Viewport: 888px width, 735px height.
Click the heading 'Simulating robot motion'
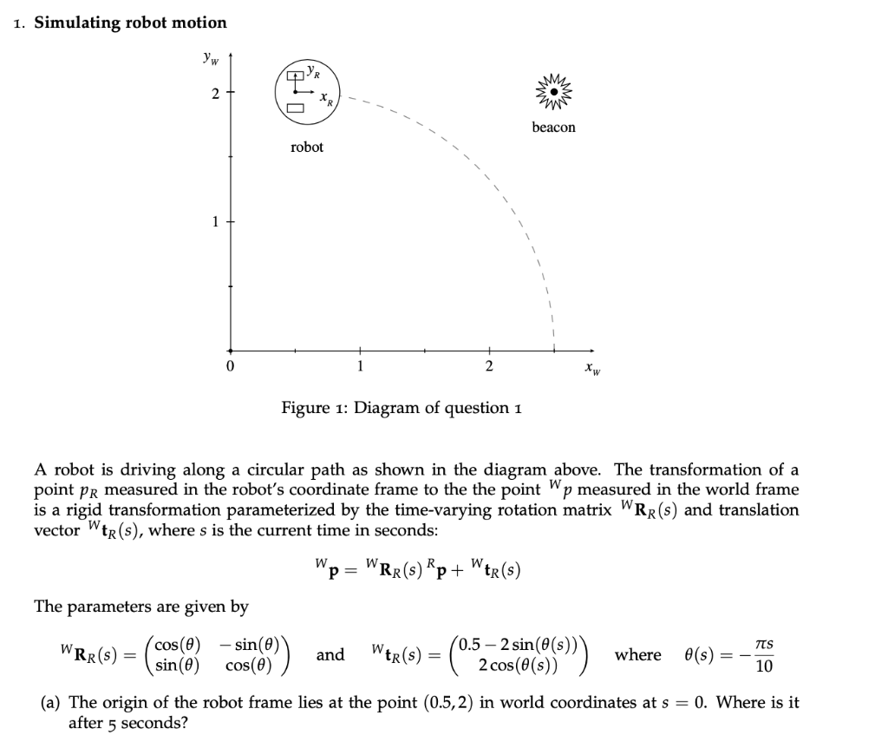click(x=130, y=23)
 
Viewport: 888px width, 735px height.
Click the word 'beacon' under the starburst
click(x=553, y=128)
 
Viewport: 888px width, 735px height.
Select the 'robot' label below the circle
click(x=307, y=148)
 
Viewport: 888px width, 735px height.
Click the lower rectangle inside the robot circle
click(x=295, y=109)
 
